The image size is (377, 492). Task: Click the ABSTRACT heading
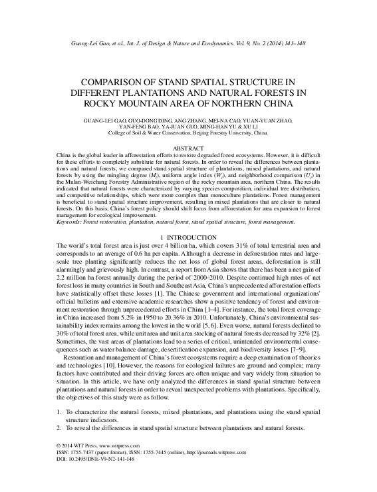pyautogui.click(x=189, y=147)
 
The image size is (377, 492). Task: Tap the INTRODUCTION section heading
pyautogui.click(x=191, y=238)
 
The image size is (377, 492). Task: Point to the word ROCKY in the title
pyautogui.click(x=106, y=105)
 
